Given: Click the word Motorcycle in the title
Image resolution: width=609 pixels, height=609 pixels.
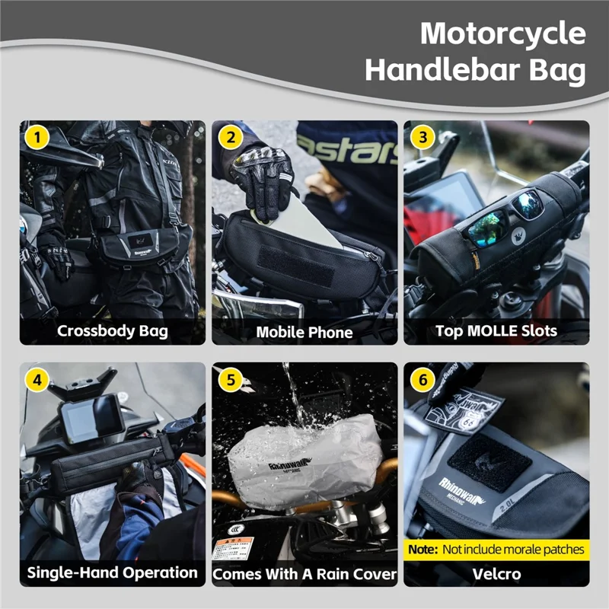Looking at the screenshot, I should (x=503, y=34).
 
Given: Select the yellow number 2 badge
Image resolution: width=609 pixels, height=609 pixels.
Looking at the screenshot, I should (x=230, y=138).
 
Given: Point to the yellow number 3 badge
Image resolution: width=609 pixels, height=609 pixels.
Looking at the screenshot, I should (x=422, y=138).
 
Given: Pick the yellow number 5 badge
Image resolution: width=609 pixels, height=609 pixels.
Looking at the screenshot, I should (x=230, y=379).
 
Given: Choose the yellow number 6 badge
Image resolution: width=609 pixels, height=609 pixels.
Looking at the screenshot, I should (x=422, y=379).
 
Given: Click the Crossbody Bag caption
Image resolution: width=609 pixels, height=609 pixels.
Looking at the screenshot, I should (x=112, y=331).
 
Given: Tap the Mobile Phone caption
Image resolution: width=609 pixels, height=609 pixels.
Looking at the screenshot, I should (x=304, y=332).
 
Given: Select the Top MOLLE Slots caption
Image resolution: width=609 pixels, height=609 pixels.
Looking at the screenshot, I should (x=496, y=331).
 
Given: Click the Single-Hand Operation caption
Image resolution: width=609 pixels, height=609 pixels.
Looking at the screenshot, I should (x=112, y=572).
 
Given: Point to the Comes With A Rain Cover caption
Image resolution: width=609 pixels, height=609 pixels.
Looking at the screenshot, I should (x=304, y=573).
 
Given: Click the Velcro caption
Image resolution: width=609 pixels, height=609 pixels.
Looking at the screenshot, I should (x=496, y=573).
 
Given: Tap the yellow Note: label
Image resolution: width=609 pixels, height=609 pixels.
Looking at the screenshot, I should (x=422, y=549).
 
